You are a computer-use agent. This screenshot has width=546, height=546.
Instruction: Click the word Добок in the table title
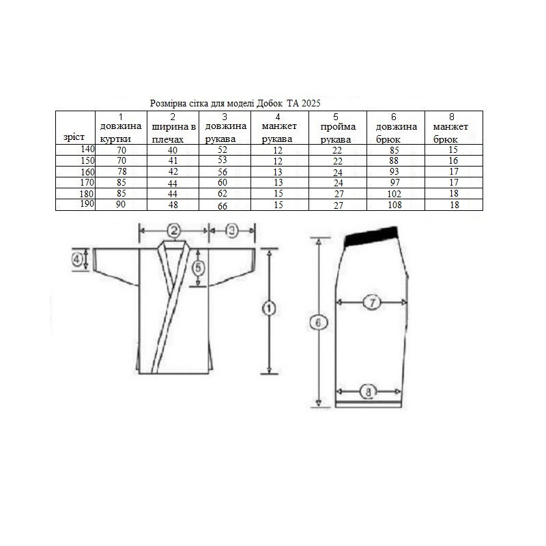coord(269,104)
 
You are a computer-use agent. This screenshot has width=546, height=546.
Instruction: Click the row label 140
coord(87,149)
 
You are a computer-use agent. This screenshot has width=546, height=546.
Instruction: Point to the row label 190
coord(87,203)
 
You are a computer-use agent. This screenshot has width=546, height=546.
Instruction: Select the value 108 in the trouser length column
coord(394,205)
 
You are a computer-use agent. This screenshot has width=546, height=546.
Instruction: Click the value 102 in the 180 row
coord(394,194)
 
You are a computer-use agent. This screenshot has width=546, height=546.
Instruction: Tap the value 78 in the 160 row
coord(121,172)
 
